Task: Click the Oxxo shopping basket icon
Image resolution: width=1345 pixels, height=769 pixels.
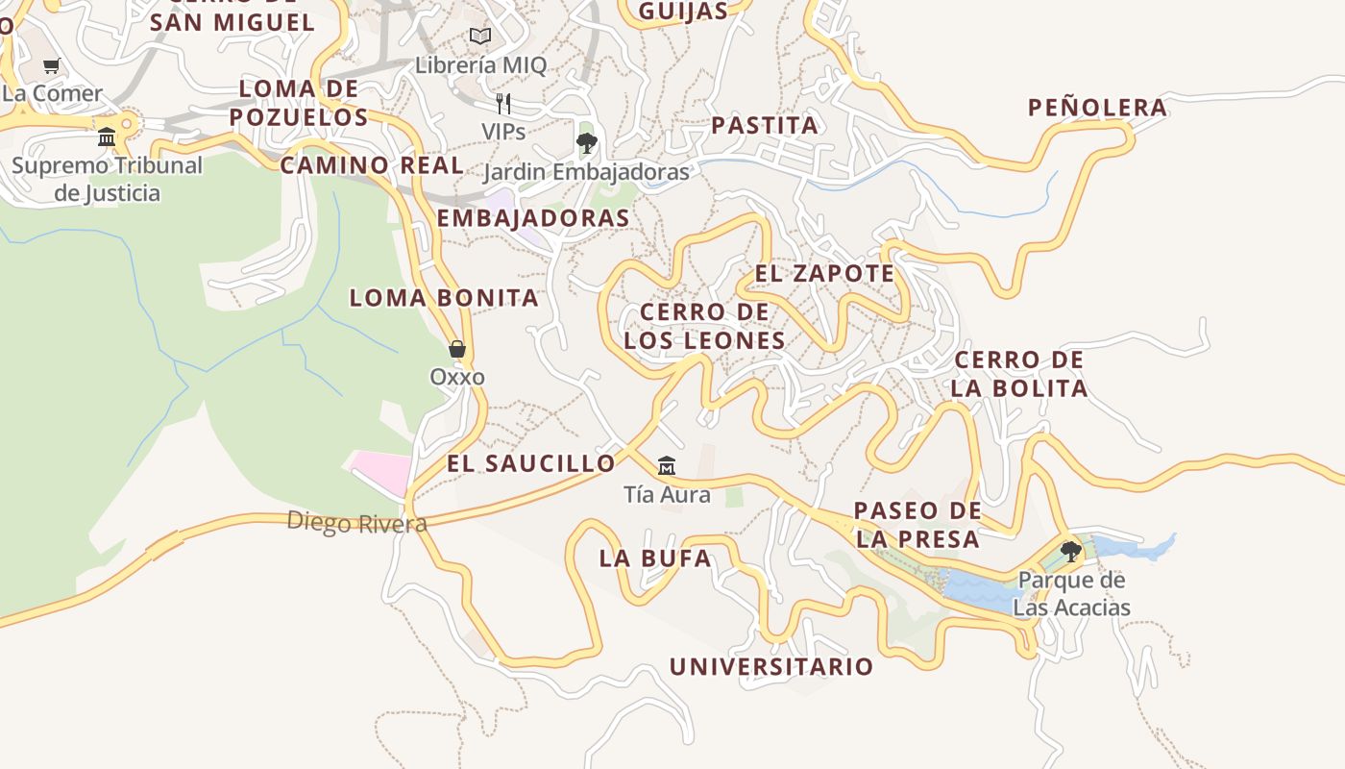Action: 457,349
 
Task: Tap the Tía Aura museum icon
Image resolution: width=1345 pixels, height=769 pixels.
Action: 666,467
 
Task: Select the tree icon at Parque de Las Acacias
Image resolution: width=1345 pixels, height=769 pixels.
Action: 1070,552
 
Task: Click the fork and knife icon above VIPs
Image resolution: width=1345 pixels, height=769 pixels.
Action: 503,103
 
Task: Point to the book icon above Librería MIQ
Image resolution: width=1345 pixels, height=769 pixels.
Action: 480,37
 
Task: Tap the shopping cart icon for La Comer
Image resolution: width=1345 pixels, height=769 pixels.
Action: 52,66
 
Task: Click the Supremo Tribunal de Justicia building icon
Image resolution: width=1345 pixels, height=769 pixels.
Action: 107,137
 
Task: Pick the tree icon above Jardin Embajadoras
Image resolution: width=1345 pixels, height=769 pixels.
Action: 586,144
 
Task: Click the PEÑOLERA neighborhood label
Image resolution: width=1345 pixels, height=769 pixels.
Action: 1097,108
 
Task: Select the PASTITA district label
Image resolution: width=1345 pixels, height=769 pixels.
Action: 765,125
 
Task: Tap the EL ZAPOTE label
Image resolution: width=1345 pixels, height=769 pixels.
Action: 824,274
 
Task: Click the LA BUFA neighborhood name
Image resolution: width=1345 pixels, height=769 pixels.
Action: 655,558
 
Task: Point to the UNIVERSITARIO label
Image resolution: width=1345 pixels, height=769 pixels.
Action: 771,667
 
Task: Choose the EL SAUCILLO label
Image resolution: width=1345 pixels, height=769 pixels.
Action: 531,463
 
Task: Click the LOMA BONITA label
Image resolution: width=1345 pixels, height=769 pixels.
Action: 444,298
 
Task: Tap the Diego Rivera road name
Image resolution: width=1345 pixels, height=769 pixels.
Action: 356,523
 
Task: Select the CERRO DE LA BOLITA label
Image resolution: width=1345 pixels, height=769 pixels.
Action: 1019,374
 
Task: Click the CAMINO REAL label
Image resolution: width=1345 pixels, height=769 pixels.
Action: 372,165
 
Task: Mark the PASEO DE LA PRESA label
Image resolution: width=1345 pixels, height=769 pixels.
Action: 917,525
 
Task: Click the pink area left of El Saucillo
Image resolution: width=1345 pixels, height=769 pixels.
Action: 380,471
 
